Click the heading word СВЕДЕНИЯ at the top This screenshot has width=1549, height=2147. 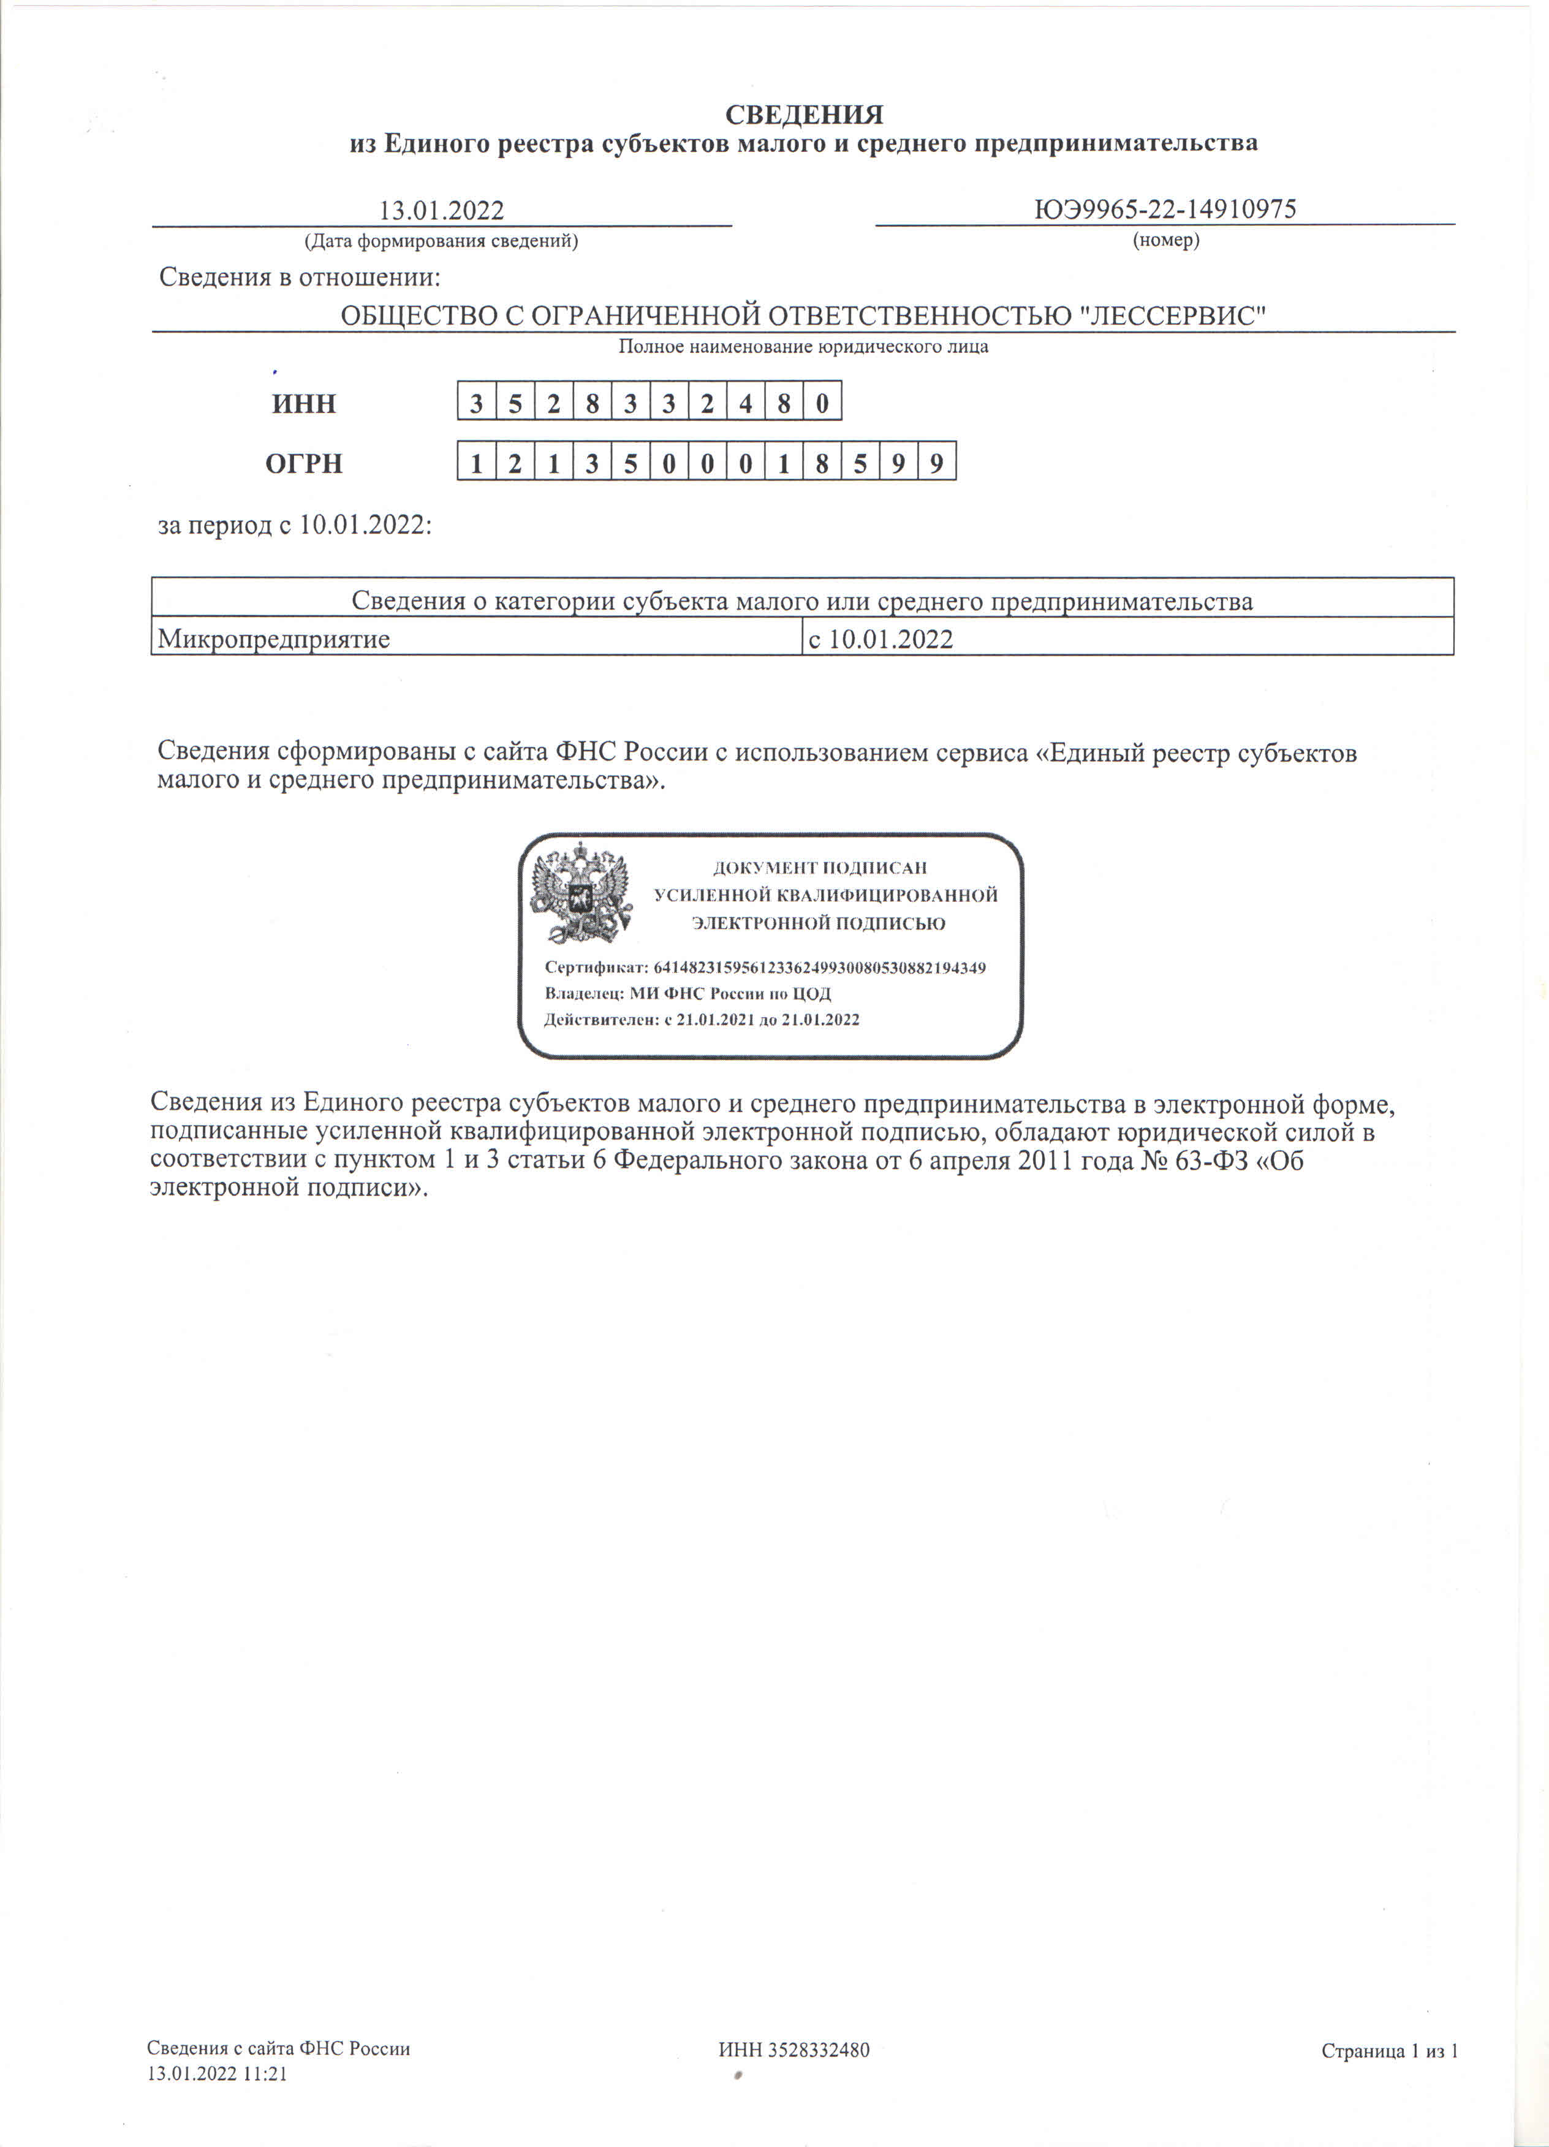pyautogui.click(x=804, y=115)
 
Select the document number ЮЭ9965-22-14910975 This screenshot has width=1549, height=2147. pyautogui.click(x=1165, y=208)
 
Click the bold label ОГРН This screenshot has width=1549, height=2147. pyautogui.click(x=304, y=464)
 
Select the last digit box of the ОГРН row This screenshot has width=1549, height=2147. pyautogui.click(x=936, y=464)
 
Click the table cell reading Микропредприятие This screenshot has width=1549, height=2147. pyautogui.click(x=275, y=639)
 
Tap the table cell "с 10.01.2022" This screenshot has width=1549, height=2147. pyautogui.click(x=881, y=639)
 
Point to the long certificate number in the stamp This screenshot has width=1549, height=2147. pyautogui.click(x=820, y=967)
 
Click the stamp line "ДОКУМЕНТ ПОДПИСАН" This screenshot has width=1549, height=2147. pyautogui.click(x=820, y=867)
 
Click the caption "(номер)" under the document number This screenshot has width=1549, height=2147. pyautogui.click(x=1165, y=240)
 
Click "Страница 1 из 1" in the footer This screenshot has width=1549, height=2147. pyautogui.click(x=1389, y=2051)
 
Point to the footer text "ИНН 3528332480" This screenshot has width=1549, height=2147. pyautogui.click(x=793, y=2050)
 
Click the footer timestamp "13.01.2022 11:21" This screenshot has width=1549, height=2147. pyautogui.click(x=217, y=2074)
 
